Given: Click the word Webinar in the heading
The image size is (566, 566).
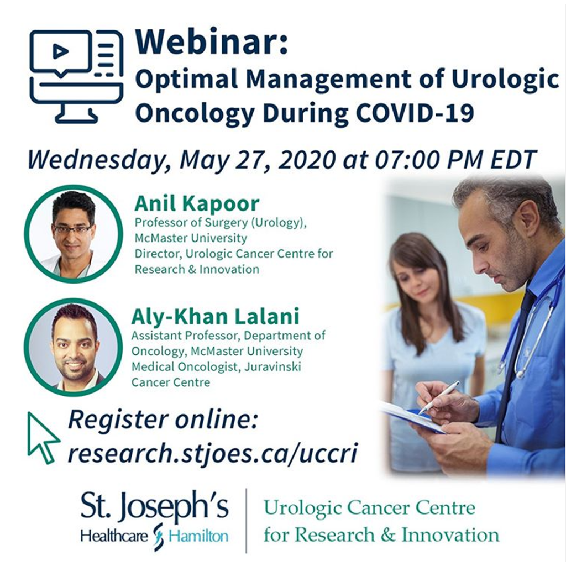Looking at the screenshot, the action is (x=211, y=41).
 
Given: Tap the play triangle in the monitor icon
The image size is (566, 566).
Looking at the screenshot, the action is (x=60, y=52).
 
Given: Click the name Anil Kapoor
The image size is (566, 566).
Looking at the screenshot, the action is (x=197, y=203).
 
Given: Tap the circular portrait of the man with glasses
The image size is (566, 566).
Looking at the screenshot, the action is (x=74, y=234).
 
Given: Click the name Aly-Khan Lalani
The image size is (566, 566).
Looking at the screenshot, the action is (x=215, y=316).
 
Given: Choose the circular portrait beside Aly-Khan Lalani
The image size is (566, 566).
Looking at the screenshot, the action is (x=74, y=347).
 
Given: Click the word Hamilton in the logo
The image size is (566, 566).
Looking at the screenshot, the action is (x=198, y=536).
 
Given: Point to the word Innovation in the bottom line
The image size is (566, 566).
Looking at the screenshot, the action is (x=450, y=534).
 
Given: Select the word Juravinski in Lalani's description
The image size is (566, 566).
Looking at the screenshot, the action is (x=272, y=367).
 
